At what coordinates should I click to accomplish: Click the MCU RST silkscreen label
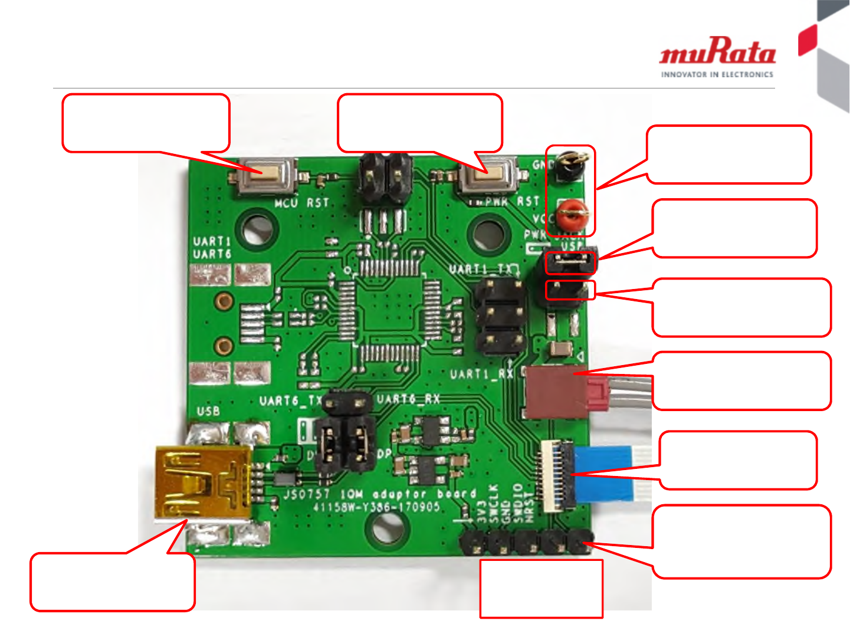[301, 203]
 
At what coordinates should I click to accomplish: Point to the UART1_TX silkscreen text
[481, 270]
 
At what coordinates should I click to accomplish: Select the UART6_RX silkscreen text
[408, 399]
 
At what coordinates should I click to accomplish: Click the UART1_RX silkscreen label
[481, 374]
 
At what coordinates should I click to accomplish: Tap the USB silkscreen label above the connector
[208, 411]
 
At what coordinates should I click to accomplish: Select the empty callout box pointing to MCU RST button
[146, 123]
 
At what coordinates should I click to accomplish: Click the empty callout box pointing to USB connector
[112, 582]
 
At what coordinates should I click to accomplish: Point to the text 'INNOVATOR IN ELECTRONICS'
[717, 75]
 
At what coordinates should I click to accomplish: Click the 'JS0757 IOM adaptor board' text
[380, 494]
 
